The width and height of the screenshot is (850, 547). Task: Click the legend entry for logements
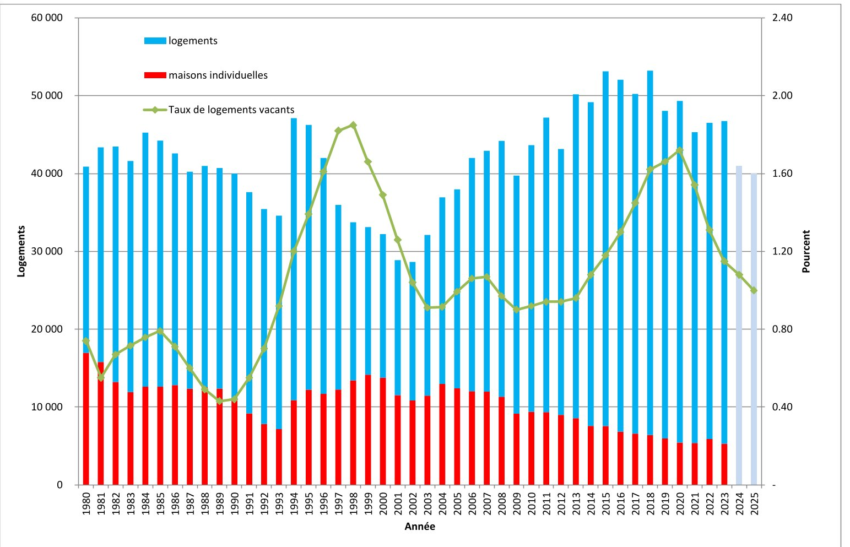[x=181, y=41]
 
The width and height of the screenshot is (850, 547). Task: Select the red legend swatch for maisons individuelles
[x=155, y=75]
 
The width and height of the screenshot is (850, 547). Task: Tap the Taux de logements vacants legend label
[x=231, y=110]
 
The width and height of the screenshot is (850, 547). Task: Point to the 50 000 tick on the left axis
[x=47, y=96]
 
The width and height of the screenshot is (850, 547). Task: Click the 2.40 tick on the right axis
[x=782, y=18]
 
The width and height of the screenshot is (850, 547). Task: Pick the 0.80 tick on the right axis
[x=782, y=329]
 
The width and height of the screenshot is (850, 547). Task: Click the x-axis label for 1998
[x=353, y=503]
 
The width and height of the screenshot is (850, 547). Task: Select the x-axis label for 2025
[x=754, y=503]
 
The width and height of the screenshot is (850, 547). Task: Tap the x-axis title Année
[x=420, y=527]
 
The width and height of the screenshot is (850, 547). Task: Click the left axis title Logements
[x=21, y=251]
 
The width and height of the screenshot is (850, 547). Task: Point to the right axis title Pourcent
[x=806, y=251]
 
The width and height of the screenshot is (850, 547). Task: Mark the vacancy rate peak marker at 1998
[x=353, y=125]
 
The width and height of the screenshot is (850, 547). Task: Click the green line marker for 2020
[x=680, y=150]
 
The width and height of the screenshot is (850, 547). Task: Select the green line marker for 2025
[x=754, y=290]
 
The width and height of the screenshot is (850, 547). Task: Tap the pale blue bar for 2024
[x=739, y=326]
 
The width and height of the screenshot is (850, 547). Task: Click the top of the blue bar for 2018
[x=650, y=71]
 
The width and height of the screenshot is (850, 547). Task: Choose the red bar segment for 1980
[x=86, y=419]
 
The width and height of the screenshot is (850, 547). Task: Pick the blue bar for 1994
[x=294, y=259]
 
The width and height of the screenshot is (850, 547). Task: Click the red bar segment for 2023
[x=724, y=465]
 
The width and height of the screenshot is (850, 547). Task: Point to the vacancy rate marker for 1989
[x=219, y=401]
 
